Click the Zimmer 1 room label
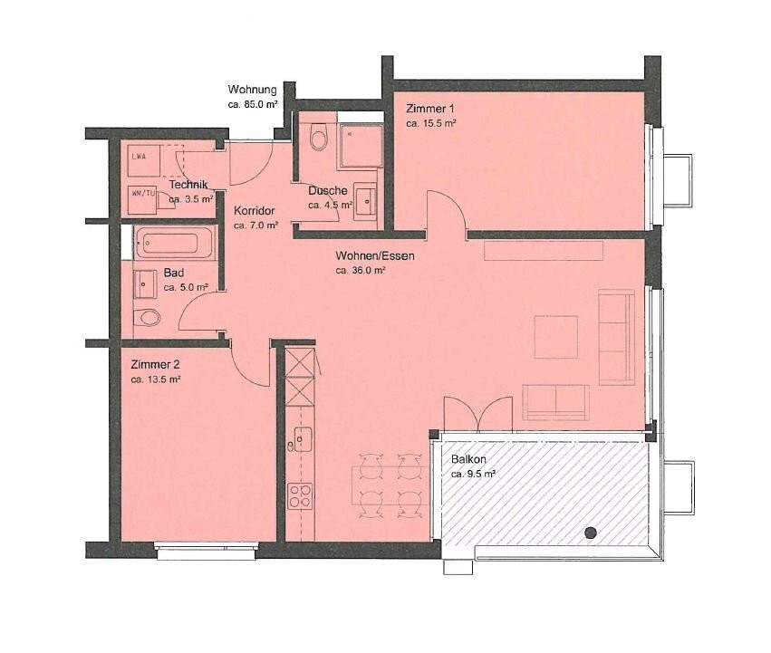point(430,109)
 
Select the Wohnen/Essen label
point(374,256)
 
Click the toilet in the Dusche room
point(317,138)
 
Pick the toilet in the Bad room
point(147,317)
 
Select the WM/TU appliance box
point(142,193)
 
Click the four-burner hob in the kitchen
point(300,495)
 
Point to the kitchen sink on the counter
point(300,439)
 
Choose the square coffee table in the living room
point(555,337)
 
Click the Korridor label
point(254,210)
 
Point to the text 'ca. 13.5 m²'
point(156,380)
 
